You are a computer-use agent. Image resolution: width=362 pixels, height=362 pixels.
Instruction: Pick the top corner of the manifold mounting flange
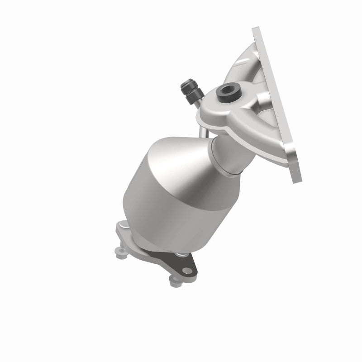(256, 31)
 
